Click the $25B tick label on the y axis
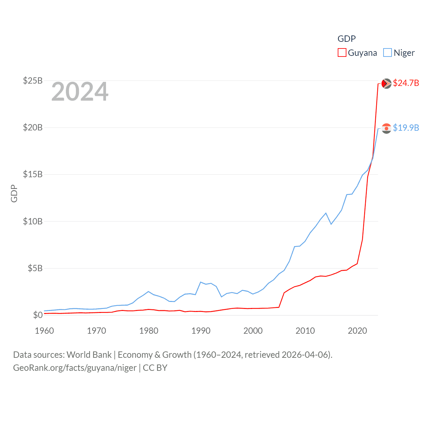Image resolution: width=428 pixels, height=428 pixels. pos(32,81)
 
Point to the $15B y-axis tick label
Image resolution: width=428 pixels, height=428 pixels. pos(32,174)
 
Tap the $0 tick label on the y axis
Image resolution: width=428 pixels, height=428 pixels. pos(38,315)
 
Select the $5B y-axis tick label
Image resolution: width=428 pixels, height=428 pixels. pos(35,268)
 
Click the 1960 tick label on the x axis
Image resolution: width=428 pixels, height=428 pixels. pos(44,331)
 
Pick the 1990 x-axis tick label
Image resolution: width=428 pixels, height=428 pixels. pos(201,331)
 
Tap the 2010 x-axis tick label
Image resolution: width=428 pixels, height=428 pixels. pos(305,331)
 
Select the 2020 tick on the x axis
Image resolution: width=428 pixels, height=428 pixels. pos(357,331)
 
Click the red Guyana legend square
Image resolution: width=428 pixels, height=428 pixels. pos(342,53)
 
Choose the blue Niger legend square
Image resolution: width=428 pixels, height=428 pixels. pos(387,53)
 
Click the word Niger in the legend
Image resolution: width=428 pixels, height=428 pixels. pos(404,53)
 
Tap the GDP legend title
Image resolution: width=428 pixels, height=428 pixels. pos(346,39)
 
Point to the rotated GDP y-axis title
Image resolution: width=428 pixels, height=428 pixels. pos(14,193)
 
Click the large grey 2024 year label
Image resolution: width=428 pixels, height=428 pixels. pos(80,92)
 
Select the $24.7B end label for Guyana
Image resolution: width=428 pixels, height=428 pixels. pos(406,83)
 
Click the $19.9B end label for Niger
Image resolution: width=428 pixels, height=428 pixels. pos(406,128)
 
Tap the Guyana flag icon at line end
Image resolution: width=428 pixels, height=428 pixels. pos(386,83)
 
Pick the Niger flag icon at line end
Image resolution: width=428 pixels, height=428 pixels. pos(386,128)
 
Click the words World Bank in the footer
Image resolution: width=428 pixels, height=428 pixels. pos(89,355)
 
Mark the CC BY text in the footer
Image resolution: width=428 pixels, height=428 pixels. pos(155,368)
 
